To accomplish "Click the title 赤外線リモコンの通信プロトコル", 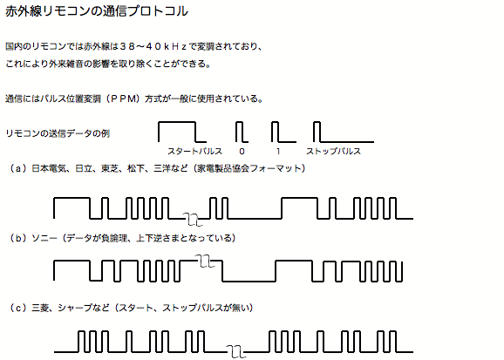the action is pyautogui.click(x=97, y=11).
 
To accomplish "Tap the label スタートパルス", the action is pyautogui.click(x=194, y=151).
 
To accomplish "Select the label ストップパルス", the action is pyautogui.click(x=333, y=151).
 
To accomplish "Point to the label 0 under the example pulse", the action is pyautogui.click(x=242, y=152).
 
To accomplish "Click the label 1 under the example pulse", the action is pyautogui.click(x=278, y=152).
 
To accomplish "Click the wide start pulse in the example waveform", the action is pyautogui.click(x=177, y=122).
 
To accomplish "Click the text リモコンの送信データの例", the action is pyautogui.click(x=58, y=133).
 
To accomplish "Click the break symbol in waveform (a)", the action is pyautogui.click(x=193, y=219).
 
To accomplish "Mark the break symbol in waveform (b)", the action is pyautogui.click(x=205, y=261).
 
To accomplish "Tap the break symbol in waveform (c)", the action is pyautogui.click(x=236, y=351).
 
